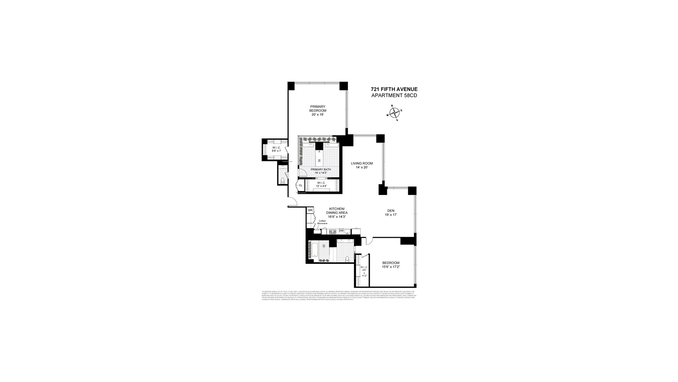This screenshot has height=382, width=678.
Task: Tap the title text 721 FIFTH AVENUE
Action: tap(394, 89)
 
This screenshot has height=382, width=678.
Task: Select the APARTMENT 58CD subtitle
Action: tap(394, 95)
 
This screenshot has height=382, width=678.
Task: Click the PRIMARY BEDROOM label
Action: tap(317, 109)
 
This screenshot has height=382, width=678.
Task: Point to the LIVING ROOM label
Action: tap(362, 163)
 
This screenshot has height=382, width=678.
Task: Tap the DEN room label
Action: tap(391, 211)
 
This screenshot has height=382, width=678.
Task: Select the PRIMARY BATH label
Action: tap(321, 169)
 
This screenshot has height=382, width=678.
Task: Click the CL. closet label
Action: tap(301, 185)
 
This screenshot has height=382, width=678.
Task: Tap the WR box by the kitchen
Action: tap(310, 210)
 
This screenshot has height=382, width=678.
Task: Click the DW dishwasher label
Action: tap(341, 231)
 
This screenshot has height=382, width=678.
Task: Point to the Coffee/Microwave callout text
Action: tap(322, 222)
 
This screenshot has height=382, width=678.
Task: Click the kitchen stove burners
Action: tap(332, 232)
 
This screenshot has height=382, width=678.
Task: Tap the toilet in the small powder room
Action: tap(282, 180)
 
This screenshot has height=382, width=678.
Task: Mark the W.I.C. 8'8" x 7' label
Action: tap(276, 149)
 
